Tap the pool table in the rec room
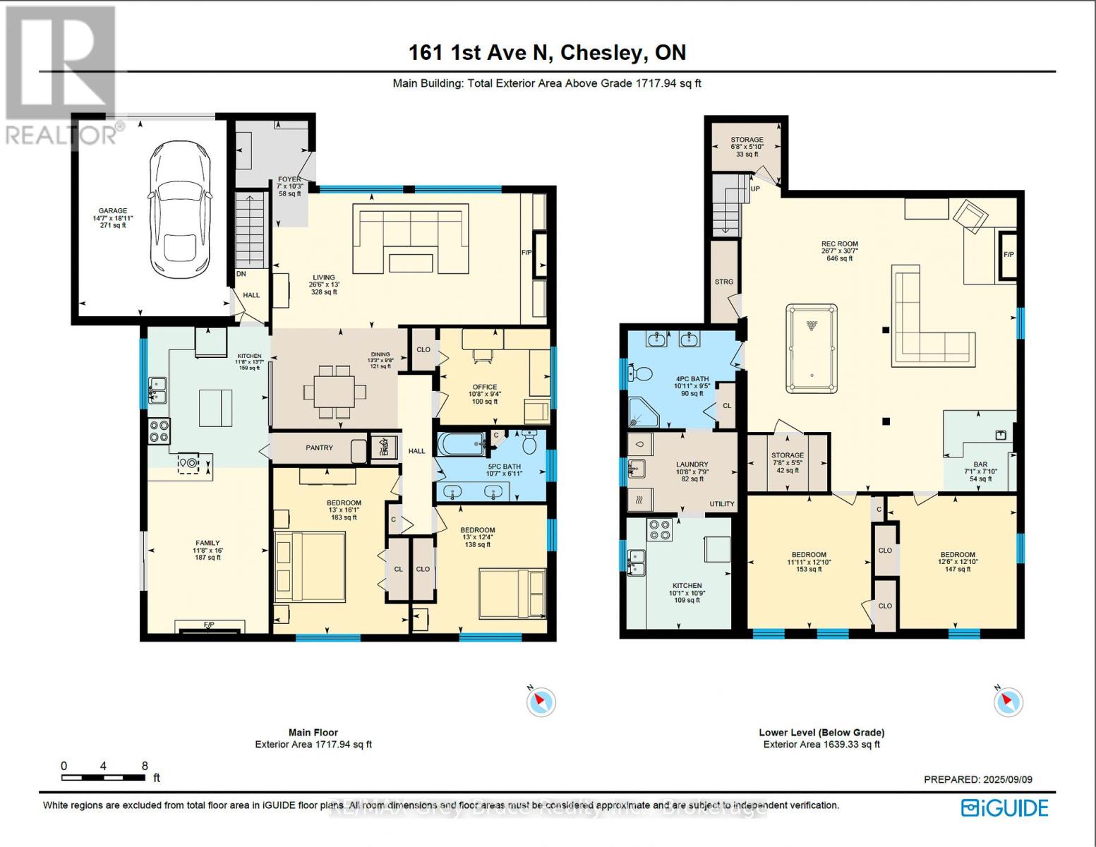[x=812, y=348]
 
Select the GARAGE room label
[x=113, y=210]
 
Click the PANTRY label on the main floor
[x=319, y=447]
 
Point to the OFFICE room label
[x=485, y=388]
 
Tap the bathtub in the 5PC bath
[x=461, y=445]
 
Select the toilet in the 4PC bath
[x=642, y=372]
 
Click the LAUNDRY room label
[x=692, y=464]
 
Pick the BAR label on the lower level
[x=980, y=465]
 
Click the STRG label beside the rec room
[x=724, y=282]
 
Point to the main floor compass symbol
[x=541, y=702]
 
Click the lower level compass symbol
[x=1007, y=702]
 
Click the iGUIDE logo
[x=1005, y=807]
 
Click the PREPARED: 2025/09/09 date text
[x=977, y=779]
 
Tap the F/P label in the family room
[x=209, y=625]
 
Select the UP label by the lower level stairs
[x=755, y=189]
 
